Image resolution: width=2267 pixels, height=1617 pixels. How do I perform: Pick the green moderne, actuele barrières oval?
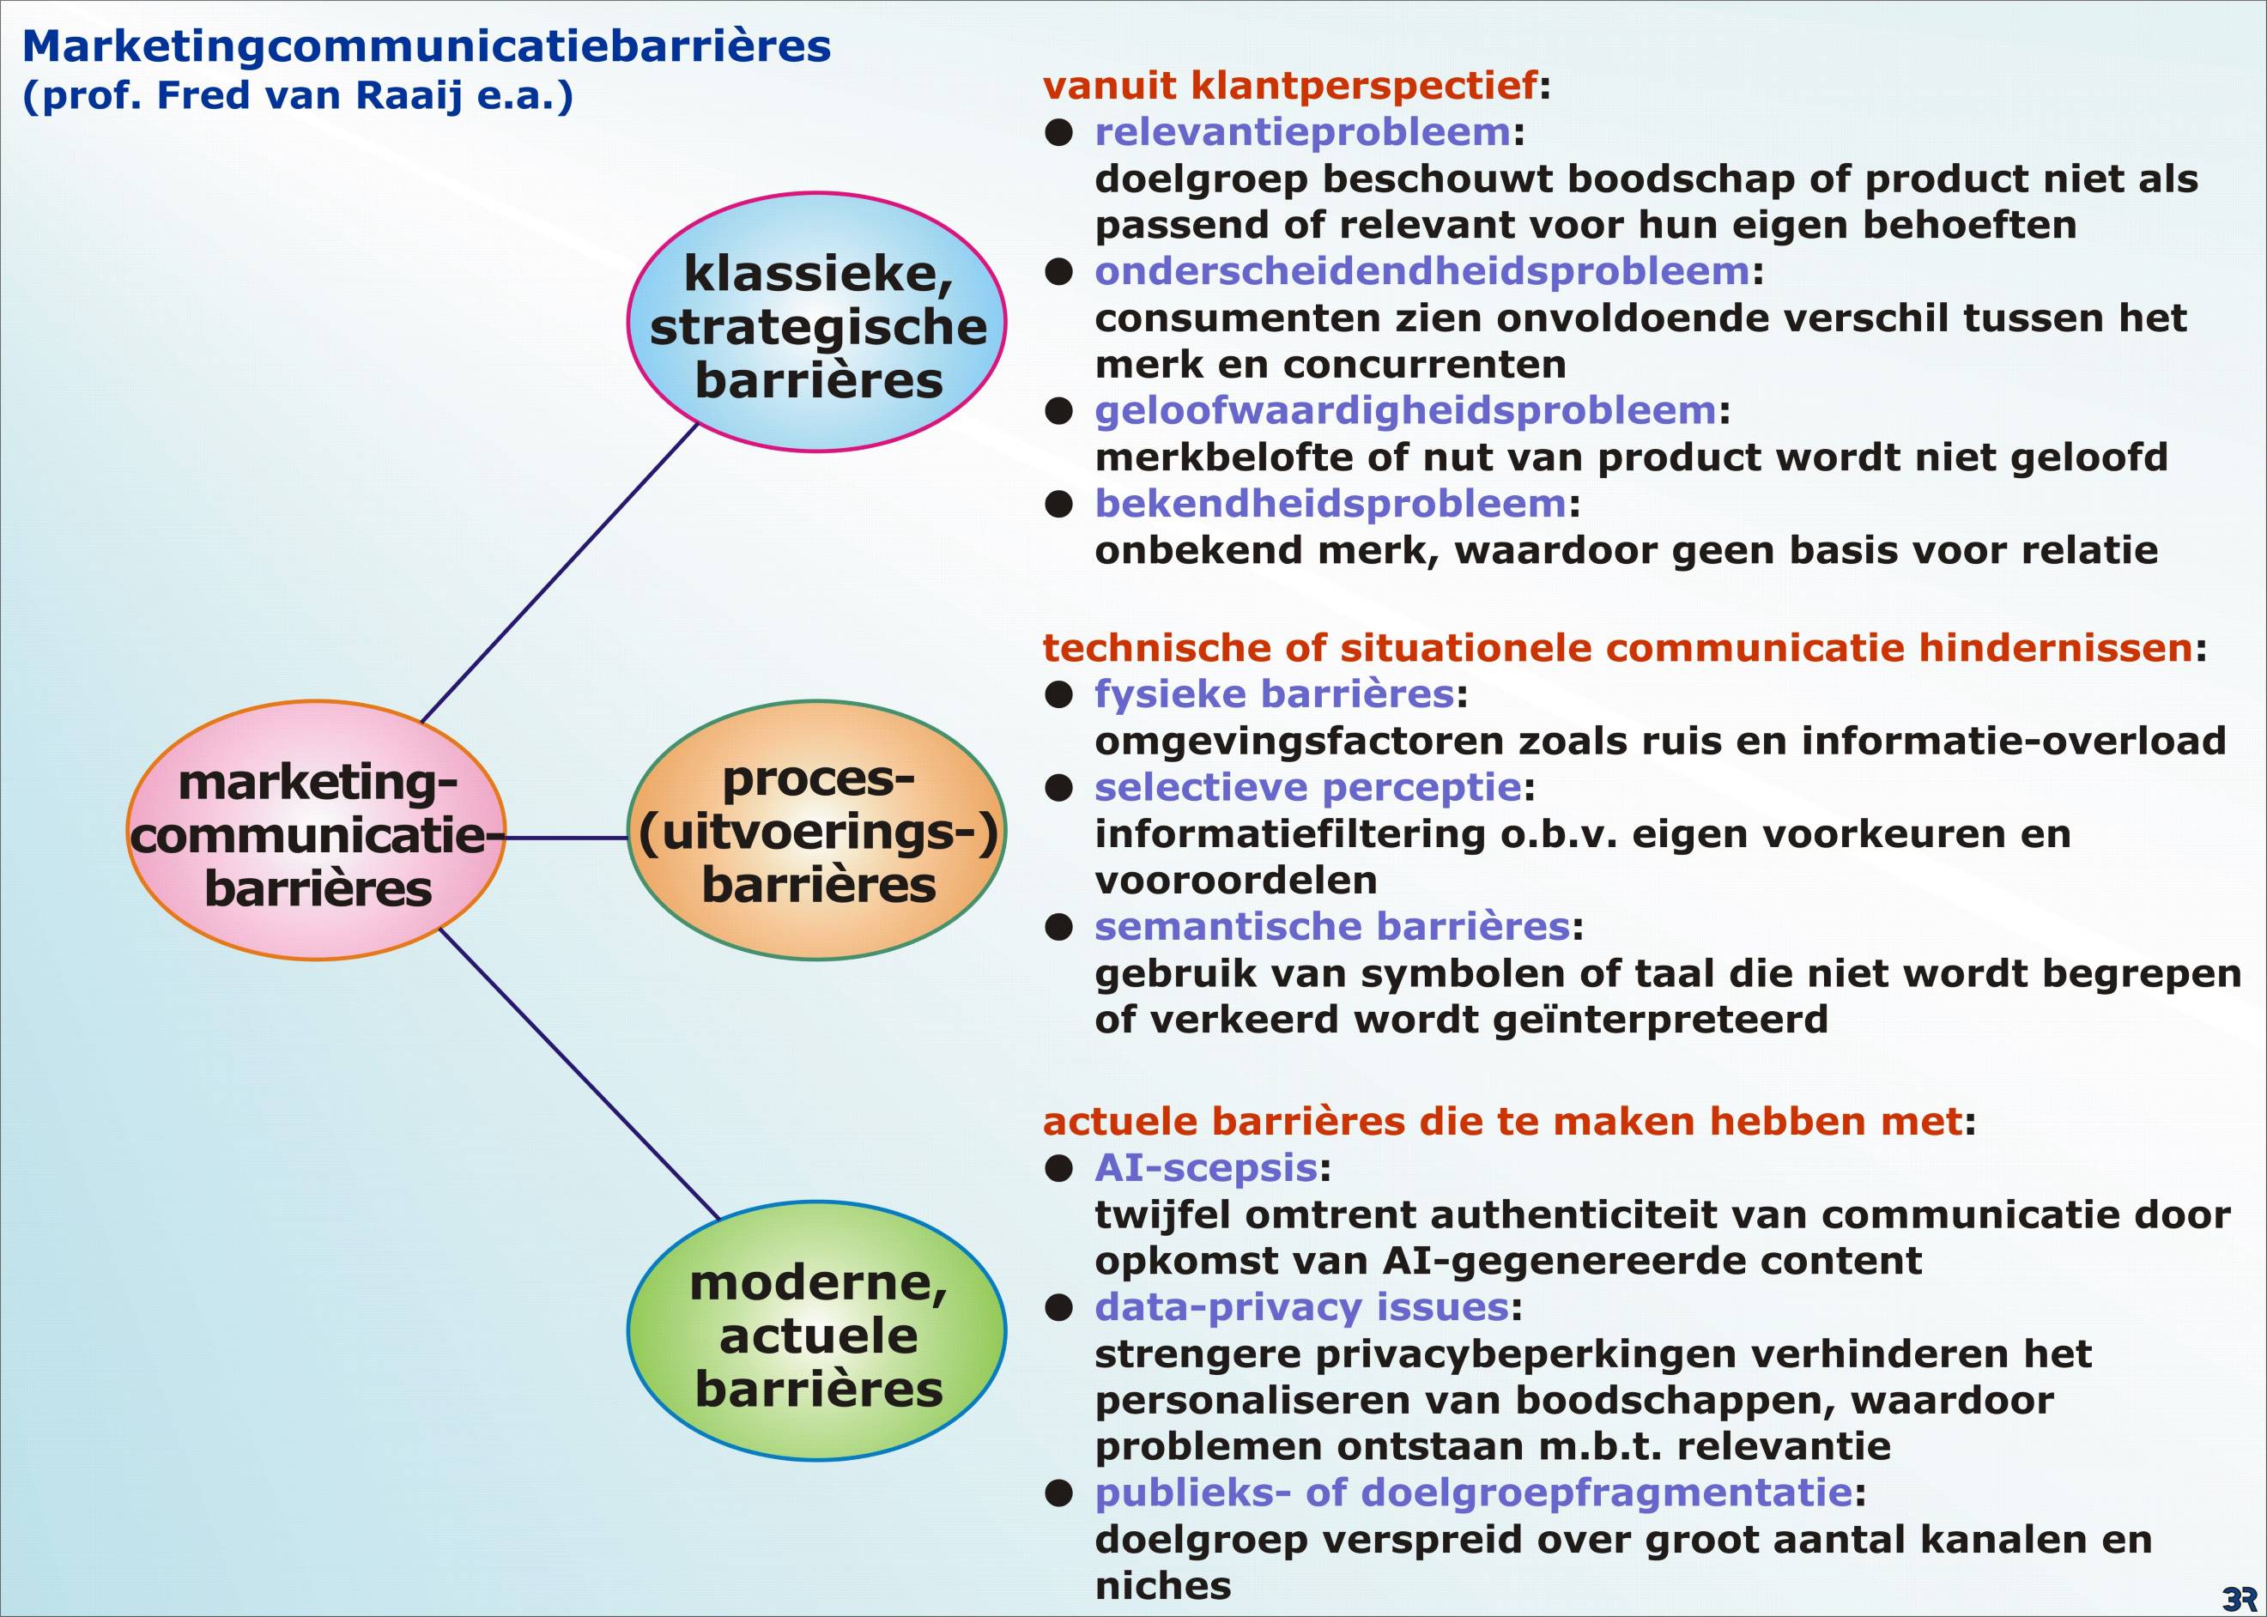tap(816, 1332)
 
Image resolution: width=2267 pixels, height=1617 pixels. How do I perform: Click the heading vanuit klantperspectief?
tap(1290, 86)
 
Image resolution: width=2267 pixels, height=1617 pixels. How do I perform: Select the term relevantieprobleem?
tap(1302, 131)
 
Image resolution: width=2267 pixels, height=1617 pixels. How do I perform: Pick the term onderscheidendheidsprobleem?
tap(1421, 271)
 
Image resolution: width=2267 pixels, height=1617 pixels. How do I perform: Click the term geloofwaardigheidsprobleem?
tap(1405, 410)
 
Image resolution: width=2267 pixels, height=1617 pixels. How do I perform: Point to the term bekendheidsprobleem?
tap(1330, 504)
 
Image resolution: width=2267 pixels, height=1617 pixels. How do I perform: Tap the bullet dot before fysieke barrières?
tap(1058, 695)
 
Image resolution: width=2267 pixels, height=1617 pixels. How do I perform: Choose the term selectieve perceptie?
tap(1307, 788)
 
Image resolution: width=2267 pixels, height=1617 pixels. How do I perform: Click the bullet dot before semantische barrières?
tap(1058, 928)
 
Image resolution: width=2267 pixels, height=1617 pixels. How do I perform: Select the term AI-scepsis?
tap(1206, 1168)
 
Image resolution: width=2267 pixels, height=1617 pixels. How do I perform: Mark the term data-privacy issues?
tap(1301, 1307)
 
